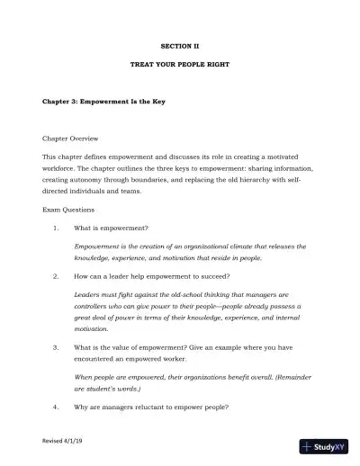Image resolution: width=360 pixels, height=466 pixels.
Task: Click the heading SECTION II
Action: tap(179, 44)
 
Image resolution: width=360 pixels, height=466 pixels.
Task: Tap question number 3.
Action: tap(56, 346)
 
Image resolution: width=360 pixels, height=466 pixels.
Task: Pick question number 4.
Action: tap(56, 407)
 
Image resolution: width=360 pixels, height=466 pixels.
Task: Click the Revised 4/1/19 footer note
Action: tap(63, 442)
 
